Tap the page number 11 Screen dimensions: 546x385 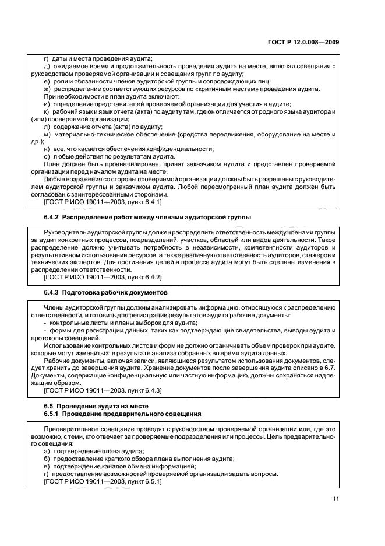(x=336, y=498)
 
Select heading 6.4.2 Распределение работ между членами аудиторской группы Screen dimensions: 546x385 (x=147, y=217)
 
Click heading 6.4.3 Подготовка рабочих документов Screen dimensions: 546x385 (x=105, y=291)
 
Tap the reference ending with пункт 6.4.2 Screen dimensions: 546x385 (x=103, y=276)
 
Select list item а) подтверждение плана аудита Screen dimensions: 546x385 (x=94, y=451)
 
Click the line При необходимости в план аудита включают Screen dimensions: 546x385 (x=112, y=96)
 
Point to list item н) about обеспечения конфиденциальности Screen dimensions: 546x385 (x=129, y=149)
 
